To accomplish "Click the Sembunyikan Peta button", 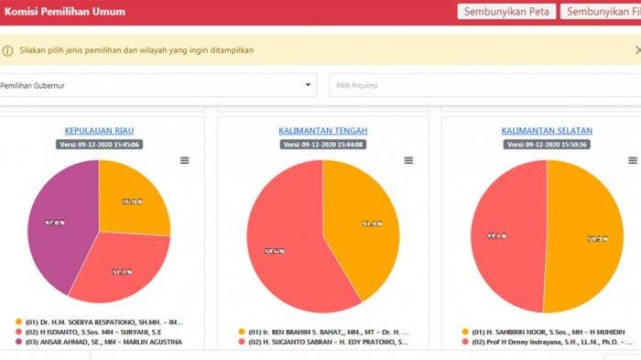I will click(505, 12).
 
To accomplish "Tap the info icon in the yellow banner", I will click(8, 51).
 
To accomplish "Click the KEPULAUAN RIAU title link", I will click(99, 131).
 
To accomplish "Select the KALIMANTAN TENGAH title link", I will click(322, 131).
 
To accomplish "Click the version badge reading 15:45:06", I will click(99, 145).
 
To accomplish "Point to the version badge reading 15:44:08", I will click(322, 145).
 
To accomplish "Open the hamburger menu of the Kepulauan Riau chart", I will click(184, 160).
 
